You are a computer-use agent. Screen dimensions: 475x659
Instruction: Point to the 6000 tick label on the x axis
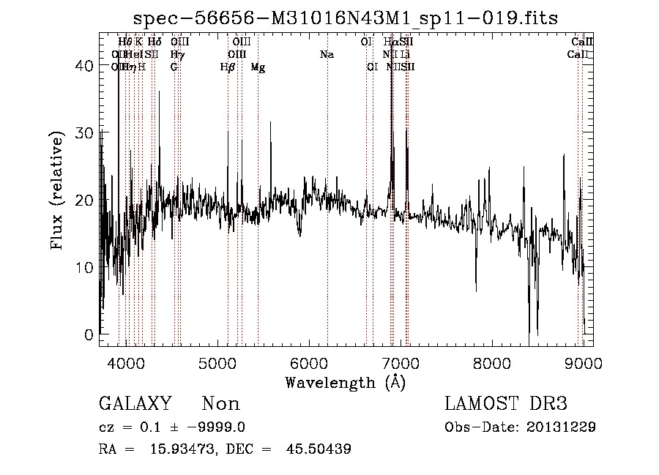pyautogui.click(x=309, y=364)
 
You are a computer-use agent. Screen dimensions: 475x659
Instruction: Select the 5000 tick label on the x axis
pyautogui.click(x=217, y=364)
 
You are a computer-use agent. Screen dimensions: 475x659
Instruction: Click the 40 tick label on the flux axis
pyautogui.click(x=83, y=66)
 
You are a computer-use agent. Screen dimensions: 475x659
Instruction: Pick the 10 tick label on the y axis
pyautogui.click(x=83, y=268)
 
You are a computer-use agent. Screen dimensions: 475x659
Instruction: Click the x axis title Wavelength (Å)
pyautogui.click(x=345, y=382)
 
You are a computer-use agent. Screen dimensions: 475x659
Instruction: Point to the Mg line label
pyautogui.click(x=258, y=67)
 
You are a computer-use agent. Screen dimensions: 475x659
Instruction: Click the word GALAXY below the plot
pyautogui.click(x=135, y=404)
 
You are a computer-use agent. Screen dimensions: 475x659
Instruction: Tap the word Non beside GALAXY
pyautogui.click(x=220, y=404)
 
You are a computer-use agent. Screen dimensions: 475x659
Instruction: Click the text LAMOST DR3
pyautogui.click(x=505, y=404)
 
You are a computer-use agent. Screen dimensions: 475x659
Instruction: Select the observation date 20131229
pyautogui.click(x=564, y=427)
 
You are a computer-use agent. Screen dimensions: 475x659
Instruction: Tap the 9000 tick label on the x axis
pyautogui.click(x=584, y=364)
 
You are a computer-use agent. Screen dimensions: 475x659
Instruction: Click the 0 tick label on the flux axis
pyautogui.click(x=88, y=335)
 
